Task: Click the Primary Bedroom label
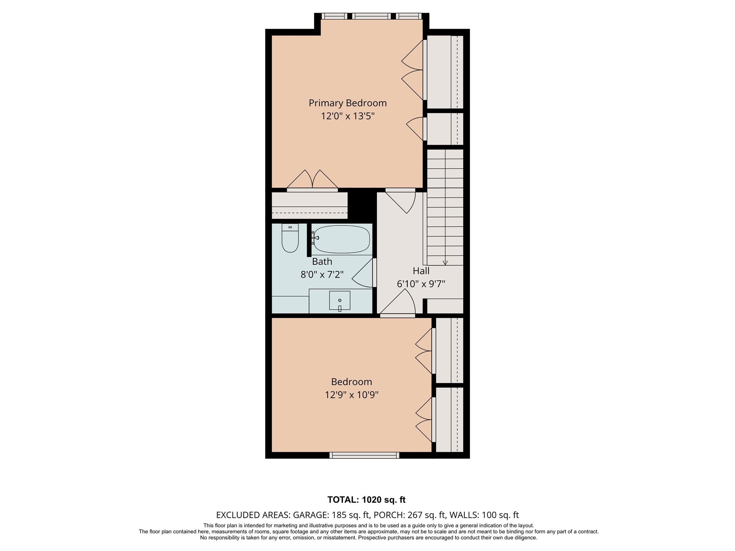348,103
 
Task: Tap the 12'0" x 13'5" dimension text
348,116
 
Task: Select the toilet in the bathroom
290,238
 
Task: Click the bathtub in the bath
341,239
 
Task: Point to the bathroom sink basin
340,301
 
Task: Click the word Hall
421,271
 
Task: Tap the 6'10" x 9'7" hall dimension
421,284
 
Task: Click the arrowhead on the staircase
445,263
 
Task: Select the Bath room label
322,262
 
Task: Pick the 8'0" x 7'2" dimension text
322,275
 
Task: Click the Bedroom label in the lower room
351,382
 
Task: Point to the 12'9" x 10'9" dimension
351,395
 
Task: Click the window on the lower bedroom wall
364,455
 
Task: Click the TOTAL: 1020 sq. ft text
366,500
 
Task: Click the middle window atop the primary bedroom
371,16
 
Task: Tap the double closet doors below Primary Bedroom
313,179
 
